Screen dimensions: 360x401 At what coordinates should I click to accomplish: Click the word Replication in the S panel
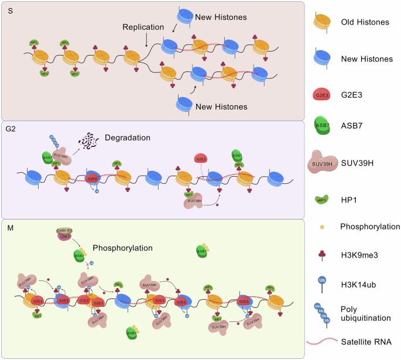pos(143,28)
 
